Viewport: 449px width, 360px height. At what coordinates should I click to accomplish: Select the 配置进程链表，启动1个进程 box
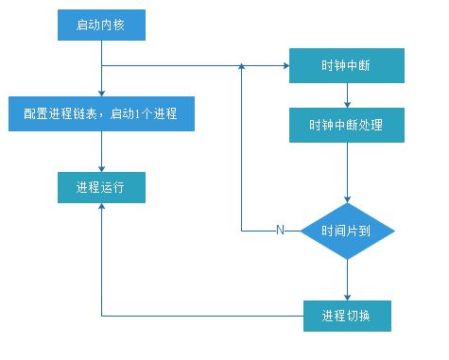[x=101, y=113]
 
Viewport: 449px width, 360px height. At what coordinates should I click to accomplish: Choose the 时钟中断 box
[x=347, y=66]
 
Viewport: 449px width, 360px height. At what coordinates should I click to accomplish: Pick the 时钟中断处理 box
[x=347, y=123]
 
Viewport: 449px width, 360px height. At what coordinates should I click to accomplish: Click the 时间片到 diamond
[x=347, y=230]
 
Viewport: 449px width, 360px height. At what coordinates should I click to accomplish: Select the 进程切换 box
[x=347, y=315]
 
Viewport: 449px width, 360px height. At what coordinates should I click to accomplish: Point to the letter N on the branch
[x=279, y=230]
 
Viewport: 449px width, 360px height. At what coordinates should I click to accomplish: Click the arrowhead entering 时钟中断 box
[x=285, y=66]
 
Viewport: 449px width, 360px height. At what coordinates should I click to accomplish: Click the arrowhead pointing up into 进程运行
[x=101, y=209]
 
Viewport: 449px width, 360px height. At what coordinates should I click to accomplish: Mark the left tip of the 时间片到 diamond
[x=302, y=230]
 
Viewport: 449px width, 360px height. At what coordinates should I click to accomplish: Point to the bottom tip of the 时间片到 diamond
[x=347, y=259]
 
